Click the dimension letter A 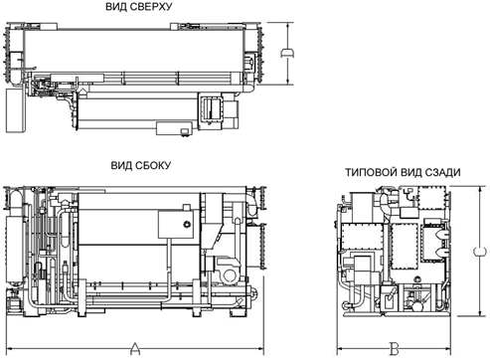pos(135,348)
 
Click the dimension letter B pos(394,349)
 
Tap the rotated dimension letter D pos(288,54)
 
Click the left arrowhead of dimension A pos(9,348)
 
